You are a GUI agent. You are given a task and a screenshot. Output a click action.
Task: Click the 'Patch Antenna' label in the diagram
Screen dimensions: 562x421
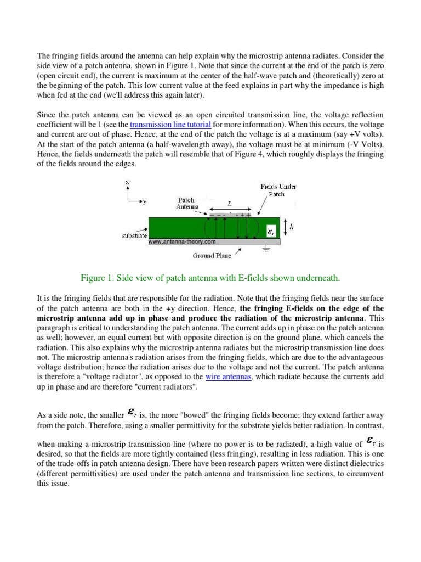coord(187,204)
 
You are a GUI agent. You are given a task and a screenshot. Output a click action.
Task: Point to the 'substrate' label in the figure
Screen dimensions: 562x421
coord(133,235)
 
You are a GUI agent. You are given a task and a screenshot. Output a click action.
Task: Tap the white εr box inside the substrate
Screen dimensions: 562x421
coord(271,233)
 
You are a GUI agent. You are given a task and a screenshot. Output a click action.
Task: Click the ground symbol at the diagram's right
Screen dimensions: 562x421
coord(266,248)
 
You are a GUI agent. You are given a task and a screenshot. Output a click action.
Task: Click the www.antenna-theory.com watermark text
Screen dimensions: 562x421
coord(182,241)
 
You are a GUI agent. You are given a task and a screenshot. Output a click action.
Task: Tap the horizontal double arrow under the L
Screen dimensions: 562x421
coord(229,209)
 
